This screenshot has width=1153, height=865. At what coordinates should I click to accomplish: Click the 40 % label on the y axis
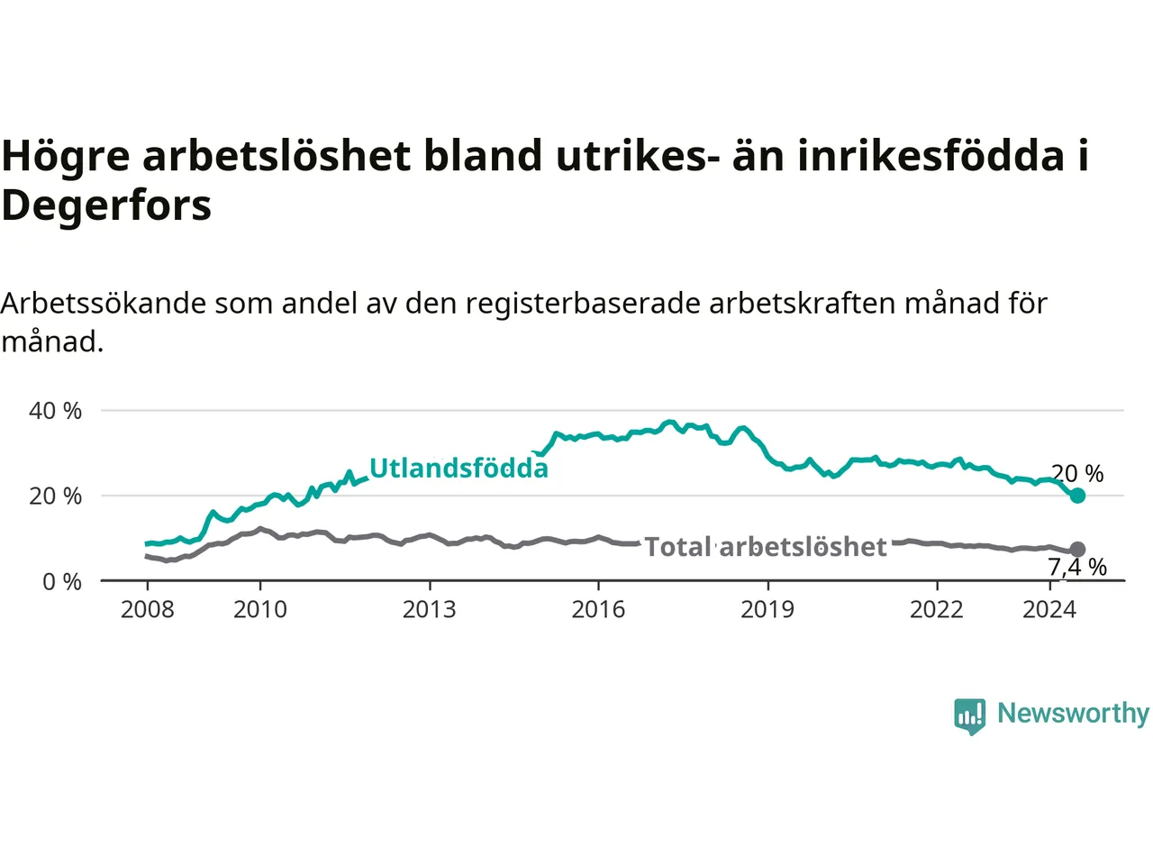tap(55, 411)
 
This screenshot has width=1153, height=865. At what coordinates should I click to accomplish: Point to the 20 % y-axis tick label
tap(55, 496)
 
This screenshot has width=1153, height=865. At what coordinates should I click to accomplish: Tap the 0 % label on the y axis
tap(62, 582)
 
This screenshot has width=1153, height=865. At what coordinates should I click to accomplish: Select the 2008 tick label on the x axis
tap(147, 610)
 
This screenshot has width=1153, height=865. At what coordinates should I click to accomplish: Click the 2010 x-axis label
tap(260, 610)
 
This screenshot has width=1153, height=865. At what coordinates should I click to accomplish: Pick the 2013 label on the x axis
tap(429, 610)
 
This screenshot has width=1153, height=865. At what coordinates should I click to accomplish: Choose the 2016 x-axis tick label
tap(598, 610)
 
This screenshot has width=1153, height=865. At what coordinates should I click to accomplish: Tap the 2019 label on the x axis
tap(767, 610)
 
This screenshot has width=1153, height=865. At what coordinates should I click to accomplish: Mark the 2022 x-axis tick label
tap(937, 610)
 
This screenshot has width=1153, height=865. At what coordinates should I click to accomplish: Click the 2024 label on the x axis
tap(1049, 610)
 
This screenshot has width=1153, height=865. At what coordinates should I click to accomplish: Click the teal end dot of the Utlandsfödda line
tap(1077, 496)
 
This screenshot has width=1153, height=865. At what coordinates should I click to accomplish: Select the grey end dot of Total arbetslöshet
tap(1077, 550)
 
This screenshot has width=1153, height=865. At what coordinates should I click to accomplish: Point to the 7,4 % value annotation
tap(1077, 568)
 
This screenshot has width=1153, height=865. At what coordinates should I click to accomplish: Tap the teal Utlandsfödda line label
tap(458, 468)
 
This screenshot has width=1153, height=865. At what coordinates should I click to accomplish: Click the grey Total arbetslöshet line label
tap(766, 547)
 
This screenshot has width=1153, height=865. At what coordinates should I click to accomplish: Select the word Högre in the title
tap(66, 157)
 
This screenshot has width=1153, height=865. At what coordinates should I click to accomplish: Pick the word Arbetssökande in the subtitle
tap(104, 304)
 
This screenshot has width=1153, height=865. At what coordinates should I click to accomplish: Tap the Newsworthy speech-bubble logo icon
tap(969, 716)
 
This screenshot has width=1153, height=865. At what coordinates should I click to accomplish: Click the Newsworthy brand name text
tap(1074, 714)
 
